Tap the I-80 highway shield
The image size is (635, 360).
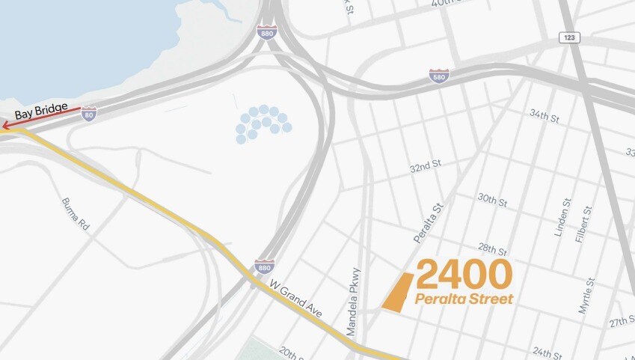pos(89,114)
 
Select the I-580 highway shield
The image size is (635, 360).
pos(439,76)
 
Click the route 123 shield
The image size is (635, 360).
pos(569,37)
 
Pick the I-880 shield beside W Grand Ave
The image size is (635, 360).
pos(263,266)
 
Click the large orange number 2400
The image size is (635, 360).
pos(464,275)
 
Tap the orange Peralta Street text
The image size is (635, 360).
pos(464,299)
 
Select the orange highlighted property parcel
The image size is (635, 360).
pos(398,291)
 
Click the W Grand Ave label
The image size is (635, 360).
pos(296,297)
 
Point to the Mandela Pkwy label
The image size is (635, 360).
pos(353,301)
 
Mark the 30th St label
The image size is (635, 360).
pos(493,200)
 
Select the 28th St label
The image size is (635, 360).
pos(494,249)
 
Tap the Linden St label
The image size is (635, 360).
pos(562,218)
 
